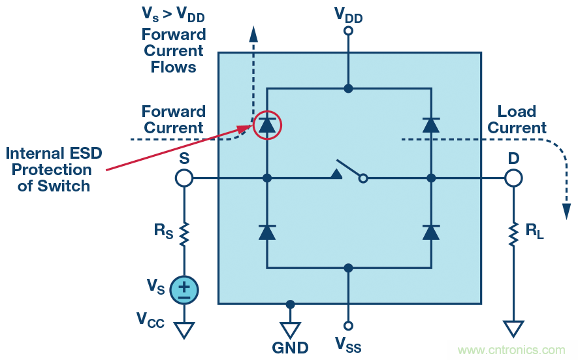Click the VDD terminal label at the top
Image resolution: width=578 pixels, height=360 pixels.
click(x=348, y=14)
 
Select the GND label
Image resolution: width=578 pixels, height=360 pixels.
click(x=290, y=347)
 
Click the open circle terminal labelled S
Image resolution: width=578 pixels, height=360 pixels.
click(x=184, y=178)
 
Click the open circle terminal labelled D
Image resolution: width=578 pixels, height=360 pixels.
click(x=513, y=178)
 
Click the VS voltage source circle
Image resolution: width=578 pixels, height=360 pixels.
click(x=184, y=289)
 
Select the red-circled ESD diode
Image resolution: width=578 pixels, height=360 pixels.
click(x=266, y=124)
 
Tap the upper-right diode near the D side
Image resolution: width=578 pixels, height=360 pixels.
click(x=430, y=124)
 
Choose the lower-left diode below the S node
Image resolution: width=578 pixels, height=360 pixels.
click(x=266, y=231)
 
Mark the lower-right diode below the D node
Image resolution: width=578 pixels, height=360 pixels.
click(x=430, y=231)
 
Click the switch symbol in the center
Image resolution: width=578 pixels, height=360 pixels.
click(x=349, y=171)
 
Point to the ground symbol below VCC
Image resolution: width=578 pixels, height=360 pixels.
click(x=184, y=330)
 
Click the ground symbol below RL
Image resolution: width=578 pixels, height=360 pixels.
click(x=513, y=329)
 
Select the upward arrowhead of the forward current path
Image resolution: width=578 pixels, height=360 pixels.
click(x=253, y=34)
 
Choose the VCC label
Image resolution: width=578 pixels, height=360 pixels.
click(x=150, y=319)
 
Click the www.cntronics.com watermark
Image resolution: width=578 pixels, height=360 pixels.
click(x=511, y=350)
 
